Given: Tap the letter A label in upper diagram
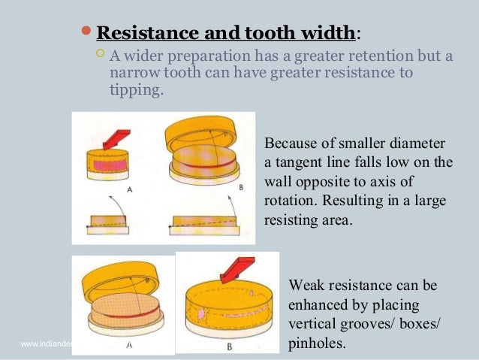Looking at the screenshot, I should [x=130, y=191].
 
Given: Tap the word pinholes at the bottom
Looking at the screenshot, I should [x=318, y=346].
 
